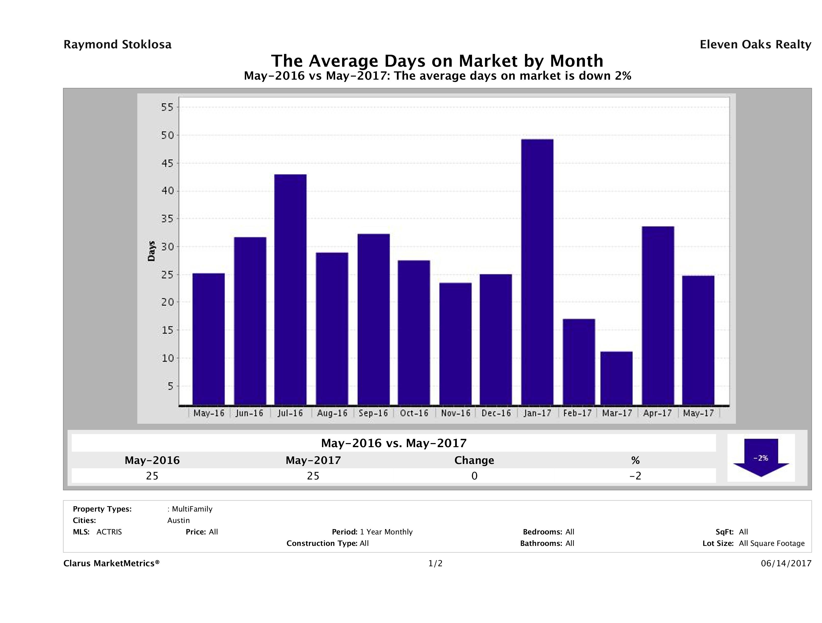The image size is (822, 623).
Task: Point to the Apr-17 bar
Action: pyautogui.click(x=657, y=316)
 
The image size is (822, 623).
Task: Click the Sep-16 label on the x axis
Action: pyautogui.click(x=373, y=413)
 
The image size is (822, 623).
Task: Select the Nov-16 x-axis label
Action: pyautogui.click(x=456, y=413)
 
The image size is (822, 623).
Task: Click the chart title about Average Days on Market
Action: pyautogui.click(x=437, y=61)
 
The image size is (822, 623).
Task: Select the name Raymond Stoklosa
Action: pyautogui.click(x=117, y=45)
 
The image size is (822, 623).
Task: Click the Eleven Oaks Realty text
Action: pyautogui.click(x=755, y=45)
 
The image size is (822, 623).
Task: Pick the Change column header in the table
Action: pyautogui.click(x=474, y=460)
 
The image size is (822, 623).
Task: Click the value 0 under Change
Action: pyautogui.click(x=474, y=476)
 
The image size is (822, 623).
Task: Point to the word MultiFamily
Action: pyautogui.click(x=192, y=509)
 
